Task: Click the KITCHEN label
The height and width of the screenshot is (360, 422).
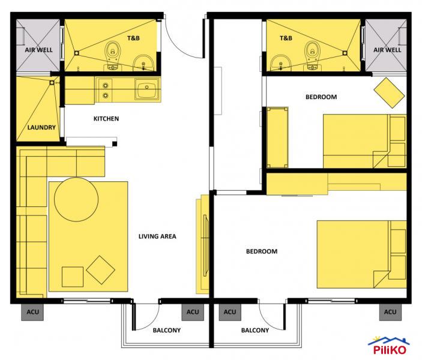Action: point(106,119)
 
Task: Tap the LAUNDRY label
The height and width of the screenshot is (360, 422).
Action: point(41,128)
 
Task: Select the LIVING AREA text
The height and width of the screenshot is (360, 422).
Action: point(157,236)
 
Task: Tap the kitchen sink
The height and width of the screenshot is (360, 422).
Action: point(146,91)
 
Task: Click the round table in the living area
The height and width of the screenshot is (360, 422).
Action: point(76,199)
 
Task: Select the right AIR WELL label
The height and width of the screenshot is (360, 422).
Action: point(387,50)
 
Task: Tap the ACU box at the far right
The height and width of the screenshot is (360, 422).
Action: point(390,312)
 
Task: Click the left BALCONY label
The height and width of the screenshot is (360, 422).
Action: point(166,330)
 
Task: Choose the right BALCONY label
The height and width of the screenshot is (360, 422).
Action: point(255,330)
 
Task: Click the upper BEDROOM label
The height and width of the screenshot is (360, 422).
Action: point(321,97)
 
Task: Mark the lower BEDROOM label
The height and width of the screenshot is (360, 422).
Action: point(262,251)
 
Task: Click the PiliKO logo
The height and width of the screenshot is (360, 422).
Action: point(393,347)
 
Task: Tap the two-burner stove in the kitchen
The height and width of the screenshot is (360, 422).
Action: point(106,89)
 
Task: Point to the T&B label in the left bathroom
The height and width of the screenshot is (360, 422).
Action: point(133,38)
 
